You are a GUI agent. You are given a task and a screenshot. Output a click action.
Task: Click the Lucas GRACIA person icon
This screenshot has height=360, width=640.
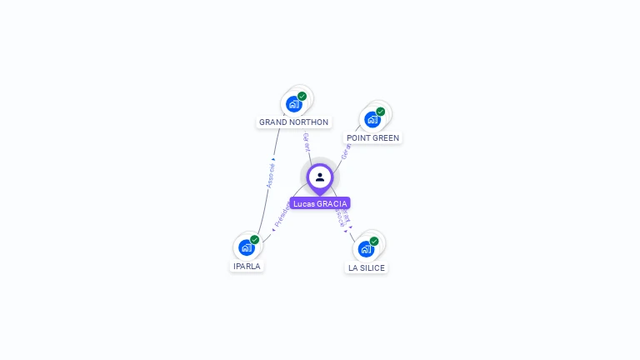(x=320, y=177)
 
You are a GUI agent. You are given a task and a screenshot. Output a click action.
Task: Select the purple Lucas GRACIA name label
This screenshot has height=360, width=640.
(x=320, y=203)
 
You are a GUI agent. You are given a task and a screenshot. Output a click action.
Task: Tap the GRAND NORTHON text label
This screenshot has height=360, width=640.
(x=293, y=122)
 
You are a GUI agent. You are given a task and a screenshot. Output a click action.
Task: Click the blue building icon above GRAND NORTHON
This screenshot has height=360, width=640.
(x=292, y=104)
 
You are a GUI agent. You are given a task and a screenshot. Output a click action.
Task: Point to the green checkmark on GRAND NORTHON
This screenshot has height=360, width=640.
(x=302, y=96)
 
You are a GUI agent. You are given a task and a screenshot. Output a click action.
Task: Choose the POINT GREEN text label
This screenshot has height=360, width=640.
(x=372, y=138)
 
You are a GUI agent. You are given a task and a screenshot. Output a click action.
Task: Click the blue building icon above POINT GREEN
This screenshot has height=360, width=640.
(x=372, y=119)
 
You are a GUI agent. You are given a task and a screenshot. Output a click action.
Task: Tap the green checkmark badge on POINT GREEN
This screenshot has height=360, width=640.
(x=381, y=112)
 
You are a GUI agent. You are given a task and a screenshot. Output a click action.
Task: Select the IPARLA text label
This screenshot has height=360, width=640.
(x=247, y=267)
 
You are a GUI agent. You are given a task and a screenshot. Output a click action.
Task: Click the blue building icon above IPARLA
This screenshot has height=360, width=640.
(x=246, y=247)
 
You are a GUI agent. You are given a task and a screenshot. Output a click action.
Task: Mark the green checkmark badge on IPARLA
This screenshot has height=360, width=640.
(x=255, y=239)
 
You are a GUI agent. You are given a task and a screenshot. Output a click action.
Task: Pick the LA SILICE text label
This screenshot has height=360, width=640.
(x=367, y=267)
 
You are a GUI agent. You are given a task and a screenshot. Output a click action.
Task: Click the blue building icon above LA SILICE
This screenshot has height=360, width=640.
(x=366, y=248)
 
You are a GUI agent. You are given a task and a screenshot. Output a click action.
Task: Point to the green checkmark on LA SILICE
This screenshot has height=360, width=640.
(x=374, y=241)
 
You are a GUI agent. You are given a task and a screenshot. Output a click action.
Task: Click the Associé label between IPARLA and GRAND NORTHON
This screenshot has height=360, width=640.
(x=271, y=176)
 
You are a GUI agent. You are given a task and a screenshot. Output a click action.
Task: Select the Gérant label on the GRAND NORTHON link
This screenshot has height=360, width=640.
(x=307, y=142)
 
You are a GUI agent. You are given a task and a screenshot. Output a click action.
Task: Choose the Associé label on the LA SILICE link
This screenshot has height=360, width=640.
(x=339, y=217)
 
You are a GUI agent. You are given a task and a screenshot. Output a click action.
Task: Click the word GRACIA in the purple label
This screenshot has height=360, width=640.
(x=332, y=203)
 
